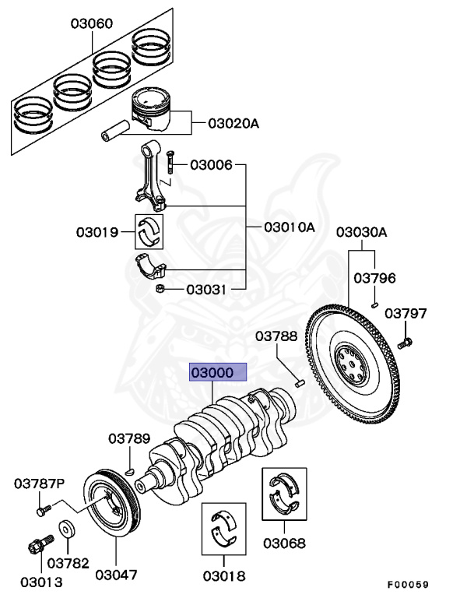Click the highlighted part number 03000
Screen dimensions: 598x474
(x=219, y=373)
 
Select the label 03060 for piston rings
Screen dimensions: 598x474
(x=91, y=24)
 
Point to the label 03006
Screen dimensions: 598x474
(x=210, y=165)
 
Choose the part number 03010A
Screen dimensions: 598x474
(x=289, y=227)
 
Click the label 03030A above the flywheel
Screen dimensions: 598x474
(x=361, y=232)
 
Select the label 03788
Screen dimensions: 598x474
(x=277, y=336)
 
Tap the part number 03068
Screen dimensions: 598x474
(x=283, y=543)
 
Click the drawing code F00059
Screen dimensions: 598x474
(x=408, y=584)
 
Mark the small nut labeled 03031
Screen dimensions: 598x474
(x=161, y=290)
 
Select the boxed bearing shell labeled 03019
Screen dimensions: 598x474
(x=149, y=230)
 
